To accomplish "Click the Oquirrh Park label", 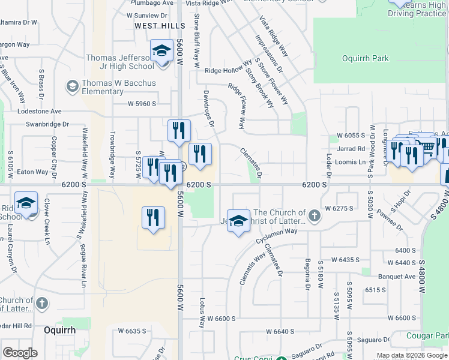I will coord(365,59).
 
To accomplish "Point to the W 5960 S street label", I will coord(142,104).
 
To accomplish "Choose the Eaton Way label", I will coord(32,172).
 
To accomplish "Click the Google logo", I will coord(20,353).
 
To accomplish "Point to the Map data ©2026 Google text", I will coord(412,355).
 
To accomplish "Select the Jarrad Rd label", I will coord(351,149).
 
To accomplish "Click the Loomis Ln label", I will coord(350,162).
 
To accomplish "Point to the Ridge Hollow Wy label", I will coord(228,70).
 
